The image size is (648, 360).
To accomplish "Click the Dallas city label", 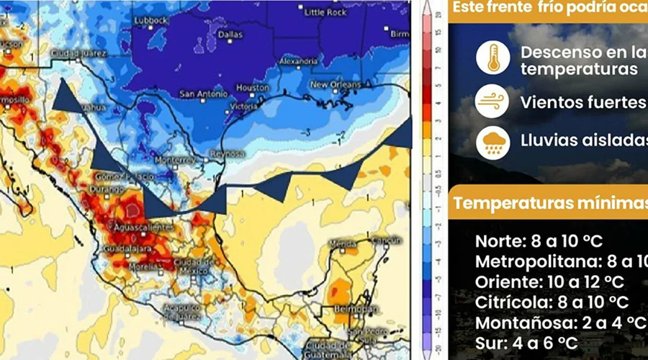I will (x=231, y=34).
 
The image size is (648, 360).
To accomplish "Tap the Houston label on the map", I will (x=252, y=87).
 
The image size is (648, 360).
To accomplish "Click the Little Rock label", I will (x=325, y=13).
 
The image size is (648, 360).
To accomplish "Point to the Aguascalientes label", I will (x=146, y=227).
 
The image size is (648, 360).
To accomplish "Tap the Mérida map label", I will (x=342, y=244).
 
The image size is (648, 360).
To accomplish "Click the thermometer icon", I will (x=493, y=58).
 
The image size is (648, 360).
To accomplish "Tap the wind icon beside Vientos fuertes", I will (x=493, y=102).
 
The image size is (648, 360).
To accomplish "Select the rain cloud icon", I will (x=493, y=141).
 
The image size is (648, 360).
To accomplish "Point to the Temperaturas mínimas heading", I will (x=550, y=204).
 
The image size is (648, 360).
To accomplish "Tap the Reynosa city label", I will (x=228, y=155).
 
